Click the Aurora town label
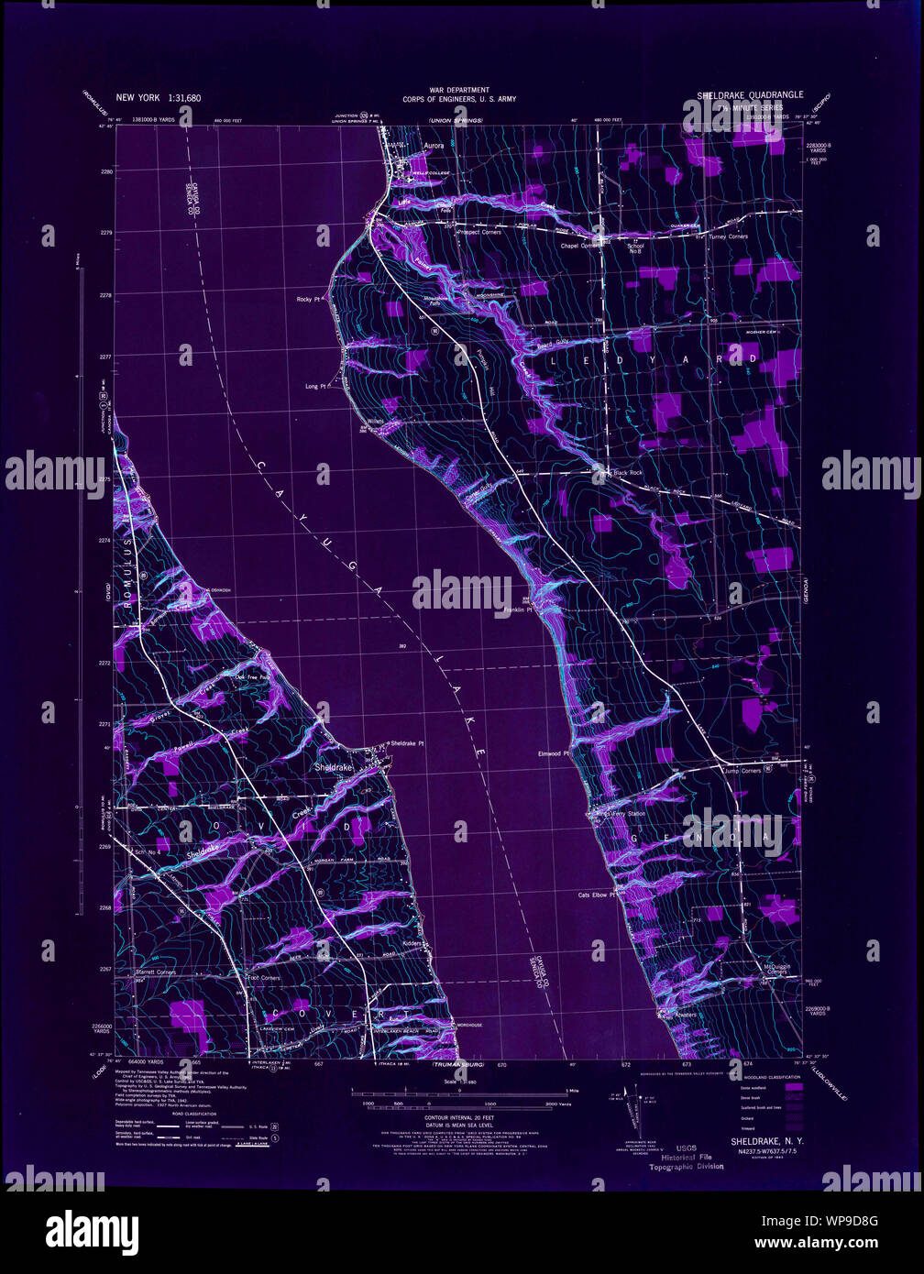tap(433, 145)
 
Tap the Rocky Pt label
tap(307, 299)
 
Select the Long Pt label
tap(315, 387)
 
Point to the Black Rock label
tap(628, 473)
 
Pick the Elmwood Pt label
tap(554, 754)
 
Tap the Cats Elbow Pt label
tap(595, 895)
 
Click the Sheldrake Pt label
tap(407, 743)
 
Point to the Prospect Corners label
tap(482, 232)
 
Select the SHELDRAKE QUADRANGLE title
tap(750, 94)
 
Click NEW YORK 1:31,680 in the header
tap(158, 97)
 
